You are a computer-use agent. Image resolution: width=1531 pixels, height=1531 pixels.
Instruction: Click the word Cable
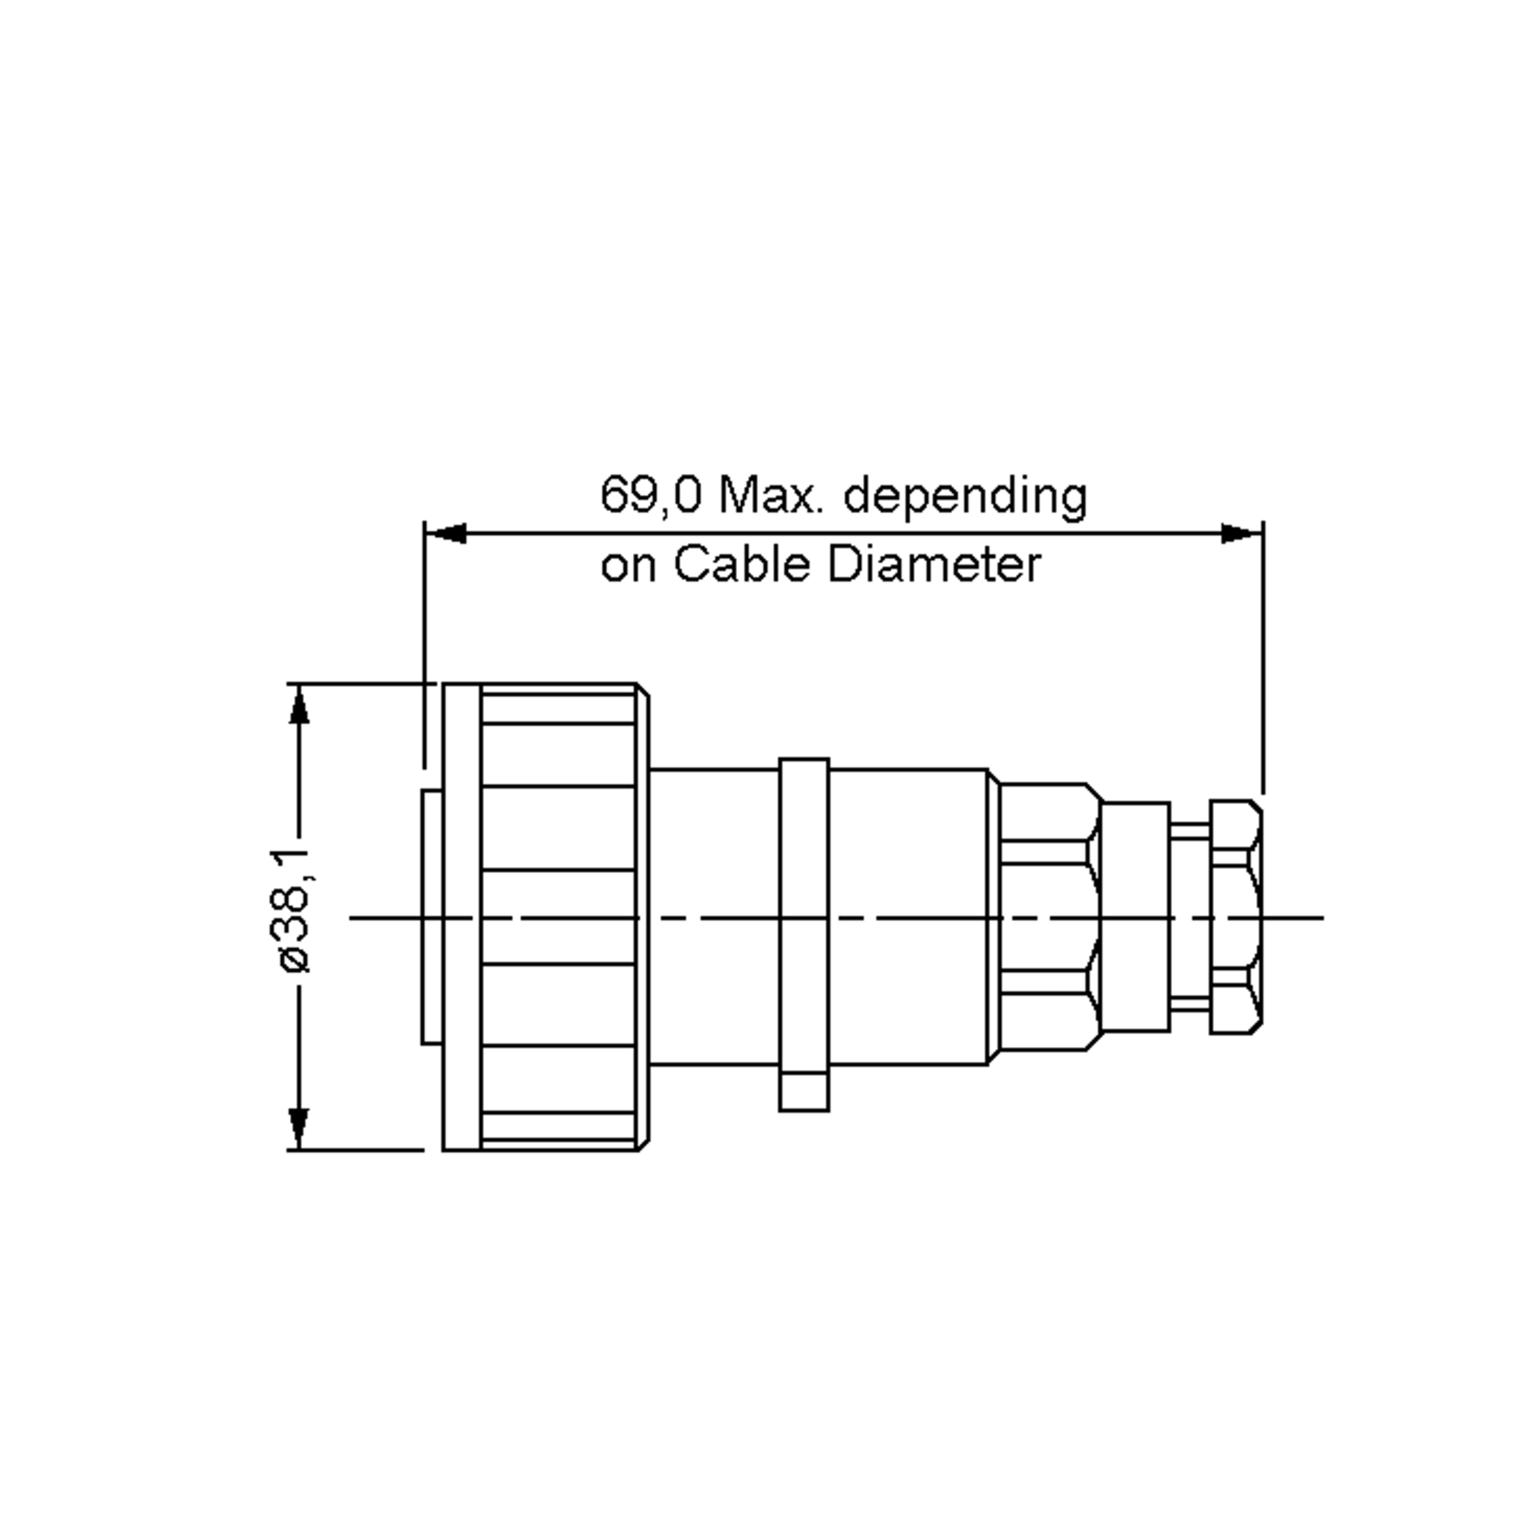point(743,565)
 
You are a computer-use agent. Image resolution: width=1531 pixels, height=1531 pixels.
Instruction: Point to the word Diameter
point(935,565)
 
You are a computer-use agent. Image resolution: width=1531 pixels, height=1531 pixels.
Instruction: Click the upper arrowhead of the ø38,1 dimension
point(299,706)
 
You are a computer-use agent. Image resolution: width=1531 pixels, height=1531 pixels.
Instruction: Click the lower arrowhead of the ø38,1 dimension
point(299,1128)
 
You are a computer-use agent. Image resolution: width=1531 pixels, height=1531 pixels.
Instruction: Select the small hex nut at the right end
point(1236,917)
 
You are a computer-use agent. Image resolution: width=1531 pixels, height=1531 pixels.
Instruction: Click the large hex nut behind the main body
point(1048,917)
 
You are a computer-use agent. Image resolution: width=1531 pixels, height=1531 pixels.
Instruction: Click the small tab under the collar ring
point(804,1092)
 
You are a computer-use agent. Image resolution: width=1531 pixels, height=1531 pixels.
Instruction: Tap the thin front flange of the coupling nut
point(461,917)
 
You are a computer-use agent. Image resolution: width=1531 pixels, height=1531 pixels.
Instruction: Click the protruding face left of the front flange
point(432,917)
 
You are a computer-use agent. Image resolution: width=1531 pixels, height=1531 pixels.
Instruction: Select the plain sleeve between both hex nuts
point(1135,917)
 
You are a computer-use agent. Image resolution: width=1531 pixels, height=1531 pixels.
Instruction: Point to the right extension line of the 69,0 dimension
point(1263,658)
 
